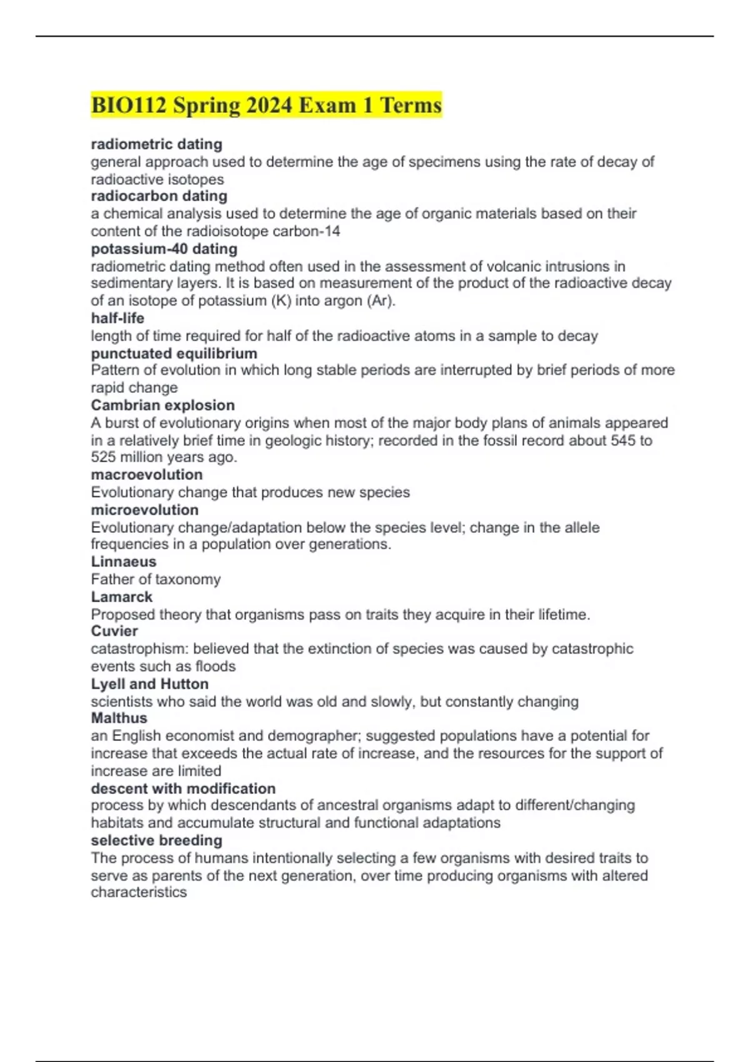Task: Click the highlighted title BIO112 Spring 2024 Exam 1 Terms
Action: tap(266, 105)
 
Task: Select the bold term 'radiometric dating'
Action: tap(157, 144)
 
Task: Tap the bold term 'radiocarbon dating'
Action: tap(159, 196)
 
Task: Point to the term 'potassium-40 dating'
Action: tap(164, 249)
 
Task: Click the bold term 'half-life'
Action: tap(117, 318)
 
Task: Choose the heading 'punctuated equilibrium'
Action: tap(174, 353)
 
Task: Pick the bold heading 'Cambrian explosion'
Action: tap(163, 405)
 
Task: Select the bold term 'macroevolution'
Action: tap(147, 474)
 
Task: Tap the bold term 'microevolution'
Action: tap(145, 510)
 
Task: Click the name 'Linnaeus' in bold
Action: tap(124, 562)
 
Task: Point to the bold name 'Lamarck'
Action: tap(122, 597)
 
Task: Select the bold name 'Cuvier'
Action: tap(114, 631)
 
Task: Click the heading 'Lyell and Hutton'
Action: tap(150, 683)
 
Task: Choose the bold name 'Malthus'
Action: tap(119, 718)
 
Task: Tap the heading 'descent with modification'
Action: tap(183, 788)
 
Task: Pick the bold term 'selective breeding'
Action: tap(157, 840)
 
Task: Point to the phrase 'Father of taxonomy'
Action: tap(156, 579)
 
